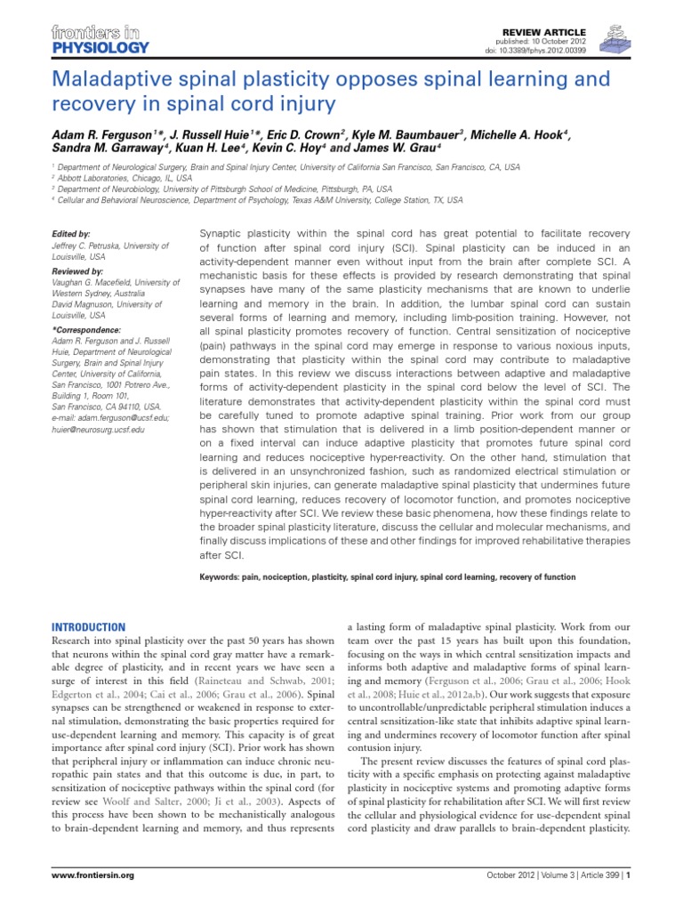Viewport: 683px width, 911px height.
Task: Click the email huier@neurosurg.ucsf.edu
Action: click(x=99, y=429)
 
